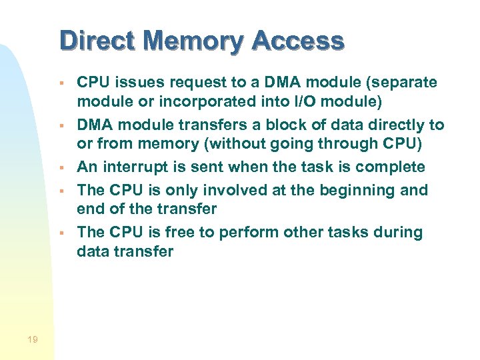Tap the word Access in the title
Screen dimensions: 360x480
[x=298, y=41]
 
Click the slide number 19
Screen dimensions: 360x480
[x=33, y=340]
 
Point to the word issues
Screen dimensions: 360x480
[x=140, y=83]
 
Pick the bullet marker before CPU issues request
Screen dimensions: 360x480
[x=61, y=83]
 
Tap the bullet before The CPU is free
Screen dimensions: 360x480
[x=61, y=233]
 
